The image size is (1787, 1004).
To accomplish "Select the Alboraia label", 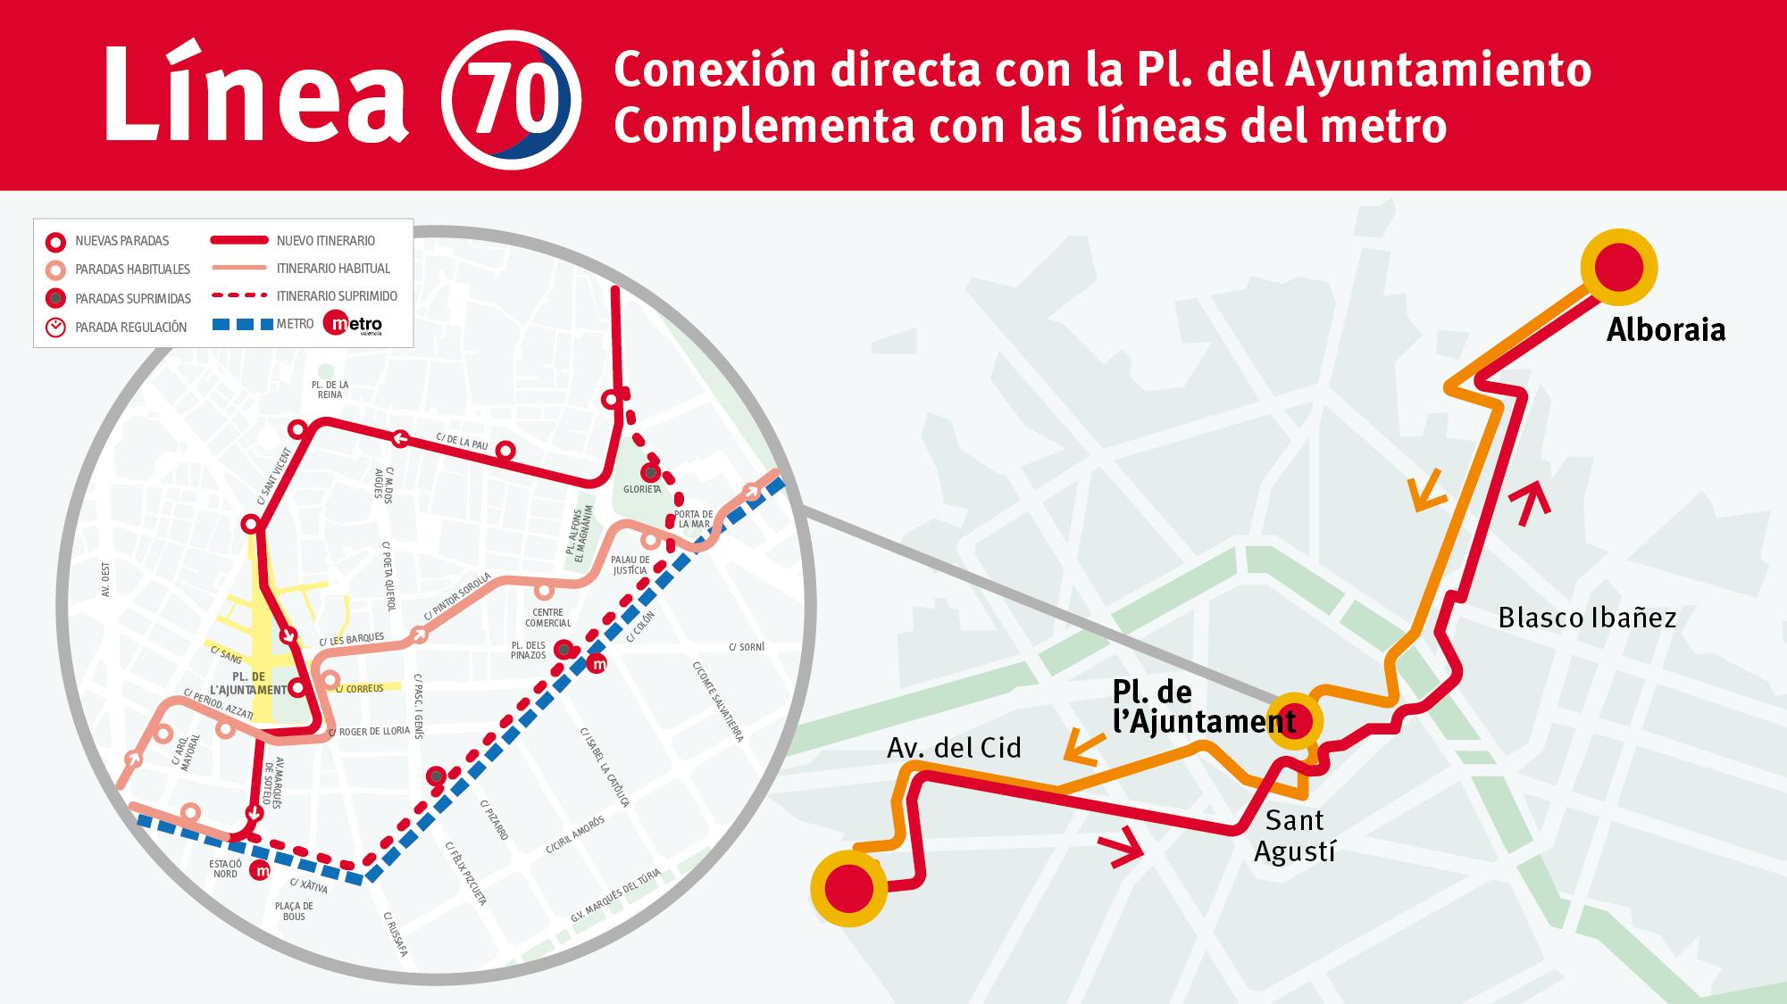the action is coord(1666,330).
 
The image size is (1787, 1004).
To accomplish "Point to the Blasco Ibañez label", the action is coord(1587,618).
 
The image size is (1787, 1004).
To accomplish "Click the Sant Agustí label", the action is coord(1294,835).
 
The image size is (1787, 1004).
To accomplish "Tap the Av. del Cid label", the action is coord(954,747).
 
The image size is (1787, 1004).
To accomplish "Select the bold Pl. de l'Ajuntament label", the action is coord(1202,708).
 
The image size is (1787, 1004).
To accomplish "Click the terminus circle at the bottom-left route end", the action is coord(848,889).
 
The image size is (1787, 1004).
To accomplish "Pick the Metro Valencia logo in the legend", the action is coord(355,324).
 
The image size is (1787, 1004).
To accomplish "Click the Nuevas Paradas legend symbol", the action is coord(56,241).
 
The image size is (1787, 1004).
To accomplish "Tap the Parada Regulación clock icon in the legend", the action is coord(56,327).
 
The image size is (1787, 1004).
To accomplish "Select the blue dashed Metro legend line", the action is coord(242,324).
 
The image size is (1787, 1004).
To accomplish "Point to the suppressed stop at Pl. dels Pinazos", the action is coord(564,649).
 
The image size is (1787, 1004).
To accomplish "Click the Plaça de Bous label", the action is coord(293,911).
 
